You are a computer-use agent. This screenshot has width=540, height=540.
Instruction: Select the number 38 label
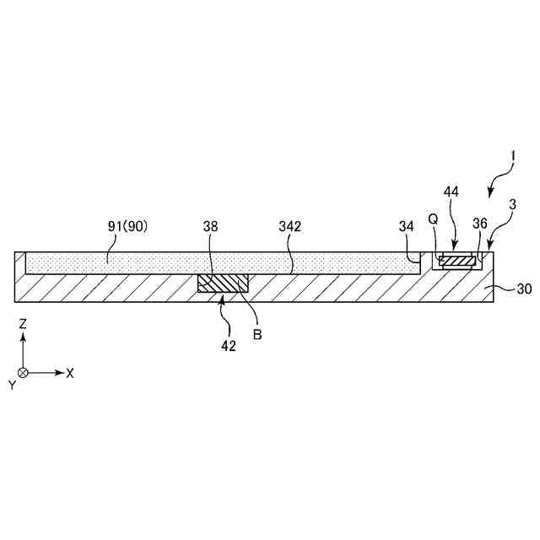coord(211,227)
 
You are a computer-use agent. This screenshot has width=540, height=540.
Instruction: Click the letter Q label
coord(433,218)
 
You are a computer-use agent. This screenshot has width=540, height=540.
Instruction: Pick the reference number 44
coord(451,192)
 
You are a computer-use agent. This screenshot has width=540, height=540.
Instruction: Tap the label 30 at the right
coord(524,289)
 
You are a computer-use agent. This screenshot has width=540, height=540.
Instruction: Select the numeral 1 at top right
coord(512,156)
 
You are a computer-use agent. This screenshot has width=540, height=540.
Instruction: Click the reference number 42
coord(228,345)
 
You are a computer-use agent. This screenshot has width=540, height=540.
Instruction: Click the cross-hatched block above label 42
coord(223,284)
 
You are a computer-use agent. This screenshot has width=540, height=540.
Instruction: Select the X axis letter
coord(70,372)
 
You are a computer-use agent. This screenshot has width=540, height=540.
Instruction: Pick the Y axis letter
coord(12,384)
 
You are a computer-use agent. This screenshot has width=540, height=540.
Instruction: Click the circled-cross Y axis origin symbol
coord(23,372)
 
